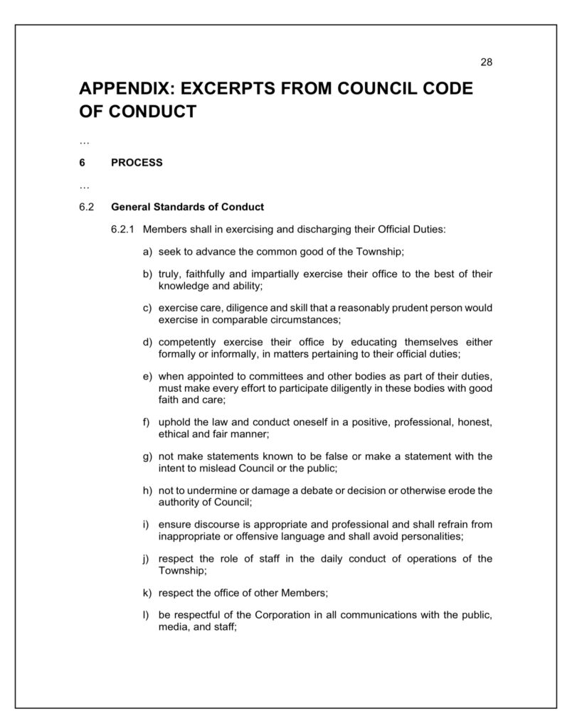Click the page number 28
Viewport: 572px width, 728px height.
(x=487, y=62)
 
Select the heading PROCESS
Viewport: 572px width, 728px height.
(x=137, y=162)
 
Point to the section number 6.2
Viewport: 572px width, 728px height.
(x=87, y=207)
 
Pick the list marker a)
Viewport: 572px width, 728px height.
(x=148, y=252)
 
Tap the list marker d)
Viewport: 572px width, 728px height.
(x=148, y=342)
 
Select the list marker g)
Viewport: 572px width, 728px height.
(x=148, y=456)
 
